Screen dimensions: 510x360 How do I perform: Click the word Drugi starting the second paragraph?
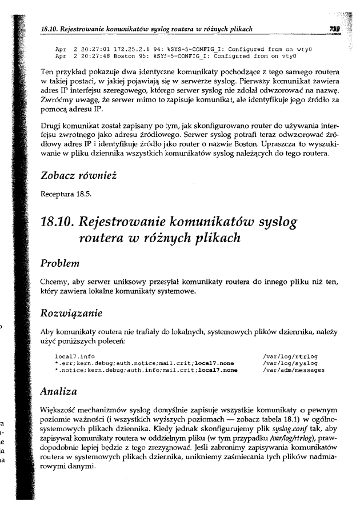click(x=52, y=124)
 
